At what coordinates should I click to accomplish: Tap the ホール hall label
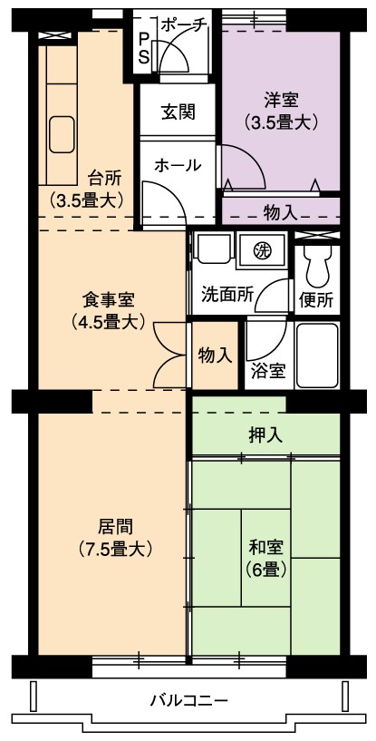[178, 165]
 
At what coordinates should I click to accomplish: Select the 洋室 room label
[281, 101]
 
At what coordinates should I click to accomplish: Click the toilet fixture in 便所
[316, 266]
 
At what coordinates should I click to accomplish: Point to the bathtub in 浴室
[317, 356]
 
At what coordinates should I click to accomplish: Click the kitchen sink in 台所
[62, 134]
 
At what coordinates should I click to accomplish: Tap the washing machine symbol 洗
[261, 250]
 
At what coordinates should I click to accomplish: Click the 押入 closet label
[265, 435]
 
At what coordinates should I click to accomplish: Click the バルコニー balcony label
[189, 699]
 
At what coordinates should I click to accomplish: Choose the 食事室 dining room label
[108, 299]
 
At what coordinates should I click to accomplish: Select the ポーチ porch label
[183, 26]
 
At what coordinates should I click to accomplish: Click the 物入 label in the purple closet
[281, 214]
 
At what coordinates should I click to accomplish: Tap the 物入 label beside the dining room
[215, 356]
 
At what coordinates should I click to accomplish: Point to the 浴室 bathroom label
[268, 372]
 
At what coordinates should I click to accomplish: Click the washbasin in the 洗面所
[214, 248]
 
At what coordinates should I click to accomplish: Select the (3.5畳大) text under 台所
[86, 200]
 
